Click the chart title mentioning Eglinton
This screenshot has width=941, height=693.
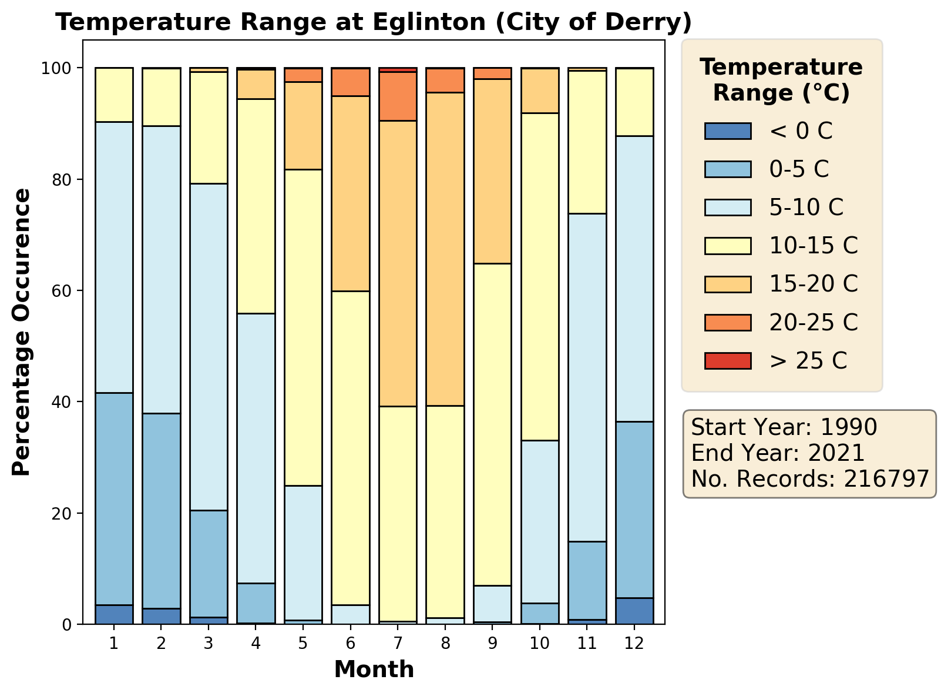pyautogui.click(x=374, y=22)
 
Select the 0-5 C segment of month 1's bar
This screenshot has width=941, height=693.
pyautogui.click(x=114, y=498)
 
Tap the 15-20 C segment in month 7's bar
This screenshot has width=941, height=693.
pyautogui.click(x=398, y=263)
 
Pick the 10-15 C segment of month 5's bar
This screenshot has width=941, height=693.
pyautogui.click(x=303, y=327)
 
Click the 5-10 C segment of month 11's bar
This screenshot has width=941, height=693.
pyautogui.click(x=587, y=377)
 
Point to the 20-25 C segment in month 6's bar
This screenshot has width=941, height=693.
pyautogui.click(x=351, y=82)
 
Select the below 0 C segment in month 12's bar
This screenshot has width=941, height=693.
pyautogui.click(x=634, y=611)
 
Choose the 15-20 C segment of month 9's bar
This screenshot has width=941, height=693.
pyautogui.click(x=493, y=171)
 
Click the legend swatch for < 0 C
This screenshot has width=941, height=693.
pyautogui.click(x=728, y=131)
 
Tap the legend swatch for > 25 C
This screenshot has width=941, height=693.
pyautogui.click(x=728, y=360)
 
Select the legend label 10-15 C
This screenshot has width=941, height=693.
pyautogui.click(x=814, y=246)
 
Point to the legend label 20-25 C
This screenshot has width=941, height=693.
pyautogui.click(x=814, y=322)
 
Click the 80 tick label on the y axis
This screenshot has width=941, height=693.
pyautogui.click(x=65, y=180)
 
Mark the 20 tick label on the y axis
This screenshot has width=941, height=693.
pyautogui.click(x=65, y=514)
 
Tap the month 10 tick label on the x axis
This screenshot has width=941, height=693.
pyautogui.click(x=540, y=643)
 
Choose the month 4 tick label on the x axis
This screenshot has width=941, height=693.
pyautogui.click(x=256, y=643)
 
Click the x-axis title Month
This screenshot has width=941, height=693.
pyautogui.click(x=374, y=669)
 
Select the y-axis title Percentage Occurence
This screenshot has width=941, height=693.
pyautogui.click(x=21, y=332)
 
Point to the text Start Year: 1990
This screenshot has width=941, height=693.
pyautogui.click(x=784, y=427)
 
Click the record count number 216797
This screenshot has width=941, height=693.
pyautogui.click(x=886, y=479)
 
